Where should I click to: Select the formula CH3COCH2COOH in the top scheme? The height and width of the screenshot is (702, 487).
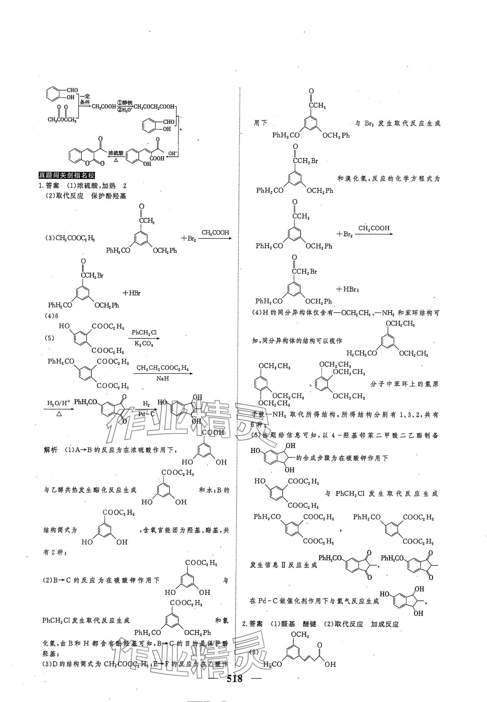pyautogui.click(x=155, y=107)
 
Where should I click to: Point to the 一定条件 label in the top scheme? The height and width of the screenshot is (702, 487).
pyautogui.click(x=85, y=100)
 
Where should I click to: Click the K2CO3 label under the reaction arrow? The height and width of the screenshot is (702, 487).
pyautogui.click(x=144, y=344)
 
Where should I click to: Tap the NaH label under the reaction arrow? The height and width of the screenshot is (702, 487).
pyautogui.click(x=163, y=378)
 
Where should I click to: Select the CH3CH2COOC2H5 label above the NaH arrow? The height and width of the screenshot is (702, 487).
pyautogui.click(x=163, y=368)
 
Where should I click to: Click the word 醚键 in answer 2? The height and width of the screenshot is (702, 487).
pyautogui.click(x=309, y=624)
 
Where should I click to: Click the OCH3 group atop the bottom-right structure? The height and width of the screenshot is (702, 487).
pyautogui.click(x=299, y=634)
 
